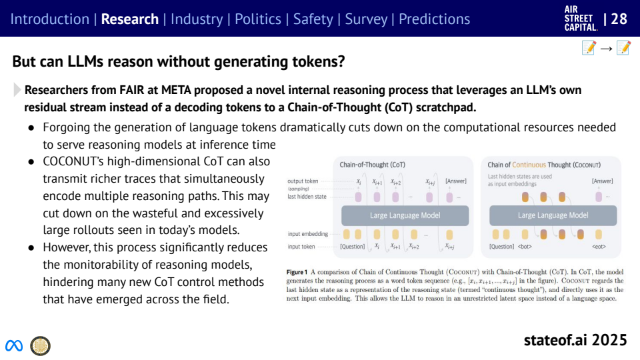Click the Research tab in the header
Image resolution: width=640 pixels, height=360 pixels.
130,19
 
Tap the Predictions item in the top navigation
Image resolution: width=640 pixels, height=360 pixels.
434,19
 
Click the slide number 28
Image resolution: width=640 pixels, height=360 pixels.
619,19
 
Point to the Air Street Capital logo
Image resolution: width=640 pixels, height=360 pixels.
580,19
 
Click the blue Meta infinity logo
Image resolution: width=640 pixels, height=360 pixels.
14,345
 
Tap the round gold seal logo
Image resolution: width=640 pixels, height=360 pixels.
40,345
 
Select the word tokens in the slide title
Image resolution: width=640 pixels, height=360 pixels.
317,62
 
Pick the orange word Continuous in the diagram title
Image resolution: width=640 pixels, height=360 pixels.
529,165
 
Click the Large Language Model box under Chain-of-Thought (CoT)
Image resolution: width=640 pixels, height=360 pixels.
405,215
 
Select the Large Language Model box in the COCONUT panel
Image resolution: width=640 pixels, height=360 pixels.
553,215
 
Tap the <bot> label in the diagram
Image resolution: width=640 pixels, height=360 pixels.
525,247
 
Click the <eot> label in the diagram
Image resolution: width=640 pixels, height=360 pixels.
598,247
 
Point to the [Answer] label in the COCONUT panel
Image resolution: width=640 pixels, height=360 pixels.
602,181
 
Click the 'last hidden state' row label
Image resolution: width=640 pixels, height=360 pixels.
307,197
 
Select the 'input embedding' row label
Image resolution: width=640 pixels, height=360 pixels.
308,234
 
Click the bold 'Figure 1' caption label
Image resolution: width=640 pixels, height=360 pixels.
297,273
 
